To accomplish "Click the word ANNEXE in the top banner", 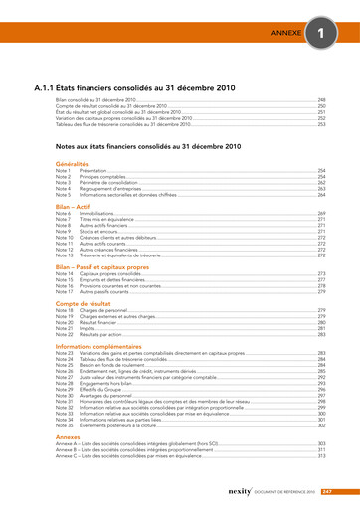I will coord(287,34).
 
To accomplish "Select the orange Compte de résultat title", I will coord(87,303).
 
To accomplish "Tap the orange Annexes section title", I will coord(68,435).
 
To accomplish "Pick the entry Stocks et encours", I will coord(98,232).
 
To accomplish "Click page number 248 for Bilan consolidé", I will coord(321,100).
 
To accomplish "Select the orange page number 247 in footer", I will coord(326,491).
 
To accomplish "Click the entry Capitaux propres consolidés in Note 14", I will coord(111,273).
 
